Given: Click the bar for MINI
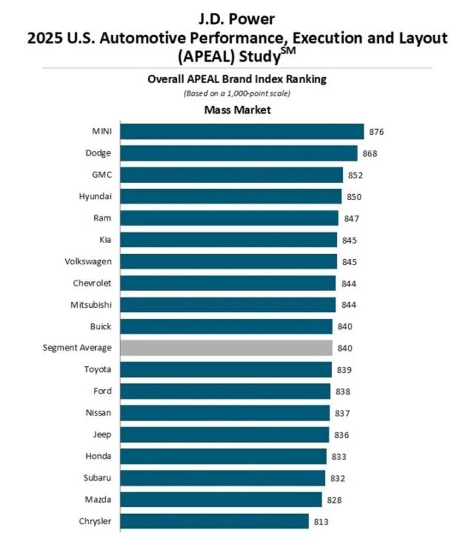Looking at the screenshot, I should (x=241, y=131).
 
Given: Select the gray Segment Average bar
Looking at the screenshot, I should (x=226, y=348).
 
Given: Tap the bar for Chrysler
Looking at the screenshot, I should (x=214, y=521).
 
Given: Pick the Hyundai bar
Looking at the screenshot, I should (x=230, y=196).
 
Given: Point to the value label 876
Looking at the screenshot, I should (x=376, y=132).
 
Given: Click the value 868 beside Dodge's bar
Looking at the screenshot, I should (x=370, y=153).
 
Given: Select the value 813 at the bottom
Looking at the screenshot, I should (x=321, y=521).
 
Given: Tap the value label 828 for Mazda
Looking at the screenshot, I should (x=334, y=500).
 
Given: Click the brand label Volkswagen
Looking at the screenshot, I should (x=88, y=261).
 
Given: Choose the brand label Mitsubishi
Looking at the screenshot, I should (x=91, y=304).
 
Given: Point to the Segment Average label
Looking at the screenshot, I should (x=77, y=348).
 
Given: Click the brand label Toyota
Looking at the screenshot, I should (x=97, y=369).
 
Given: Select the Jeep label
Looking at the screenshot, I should (x=102, y=434).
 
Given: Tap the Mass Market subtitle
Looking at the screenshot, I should (x=237, y=110).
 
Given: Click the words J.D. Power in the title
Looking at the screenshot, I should (x=237, y=19).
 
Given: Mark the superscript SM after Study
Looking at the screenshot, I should (x=288, y=51).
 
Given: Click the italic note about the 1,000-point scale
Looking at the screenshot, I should (x=237, y=93).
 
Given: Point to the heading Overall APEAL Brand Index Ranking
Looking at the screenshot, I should (x=237, y=79).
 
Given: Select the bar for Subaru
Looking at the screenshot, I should (x=222, y=478).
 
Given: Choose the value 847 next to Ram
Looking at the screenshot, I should (x=351, y=218).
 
